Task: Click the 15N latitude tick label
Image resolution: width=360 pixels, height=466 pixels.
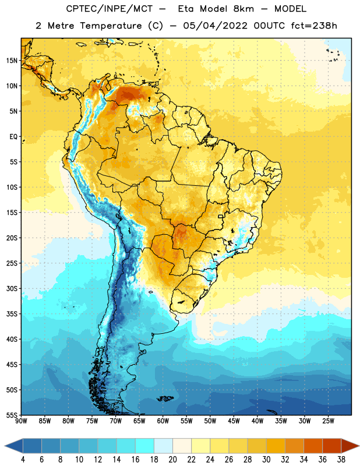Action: coord(12,61)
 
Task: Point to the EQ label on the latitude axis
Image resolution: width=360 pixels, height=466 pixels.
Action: coord(13,137)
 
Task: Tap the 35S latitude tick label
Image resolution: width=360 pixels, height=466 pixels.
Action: coord(12,314)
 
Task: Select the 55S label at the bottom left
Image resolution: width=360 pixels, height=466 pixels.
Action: coord(12,415)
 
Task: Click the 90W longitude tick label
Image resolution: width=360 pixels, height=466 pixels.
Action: coord(21,421)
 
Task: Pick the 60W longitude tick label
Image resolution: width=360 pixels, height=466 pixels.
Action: coord(163,421)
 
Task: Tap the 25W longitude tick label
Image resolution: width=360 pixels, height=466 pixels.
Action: coord(328,421)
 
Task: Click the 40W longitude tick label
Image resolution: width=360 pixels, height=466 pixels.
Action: coord(257,421)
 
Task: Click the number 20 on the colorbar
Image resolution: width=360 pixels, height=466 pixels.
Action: coord(172,460)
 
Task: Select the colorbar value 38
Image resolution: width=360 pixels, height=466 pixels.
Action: coord(341,460)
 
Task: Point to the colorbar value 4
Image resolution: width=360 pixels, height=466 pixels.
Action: coord(23,460)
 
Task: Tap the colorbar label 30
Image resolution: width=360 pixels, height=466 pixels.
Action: coord(266,460)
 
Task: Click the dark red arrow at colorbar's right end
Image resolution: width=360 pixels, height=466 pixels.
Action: coord(350,446)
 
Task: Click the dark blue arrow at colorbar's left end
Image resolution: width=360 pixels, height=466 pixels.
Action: coord(14,446)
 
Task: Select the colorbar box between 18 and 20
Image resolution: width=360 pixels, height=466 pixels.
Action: coord(163,446)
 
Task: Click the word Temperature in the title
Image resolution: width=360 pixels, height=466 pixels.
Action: coord(111,26)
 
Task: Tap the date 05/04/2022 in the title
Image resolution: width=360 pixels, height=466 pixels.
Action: coord(215,26)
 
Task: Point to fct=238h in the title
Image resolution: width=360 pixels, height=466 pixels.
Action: coord(314,26)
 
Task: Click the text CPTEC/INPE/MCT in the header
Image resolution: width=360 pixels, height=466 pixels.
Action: coord(110,9)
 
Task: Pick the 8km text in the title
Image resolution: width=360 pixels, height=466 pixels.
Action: coord(243,9)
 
